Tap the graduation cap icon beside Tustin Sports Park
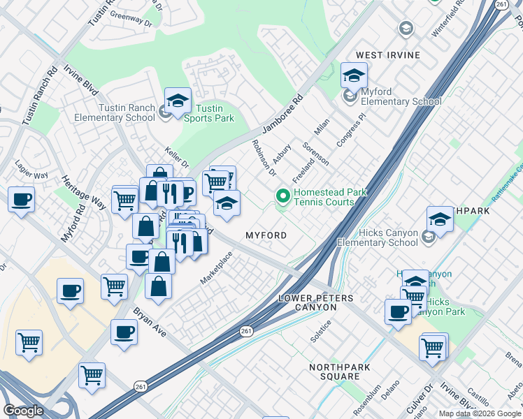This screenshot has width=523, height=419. (x=178, y=101)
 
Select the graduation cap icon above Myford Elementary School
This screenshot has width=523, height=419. (x=354, y=75)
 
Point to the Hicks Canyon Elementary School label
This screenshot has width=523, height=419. (x=378, y=237)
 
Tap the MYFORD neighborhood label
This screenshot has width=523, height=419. (x=266, y=235)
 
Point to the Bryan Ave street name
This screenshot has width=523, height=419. (x=150, y=321)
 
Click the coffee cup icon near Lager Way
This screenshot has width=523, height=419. (x=21, y=200)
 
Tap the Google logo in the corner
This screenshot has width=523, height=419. (x=24, y=411)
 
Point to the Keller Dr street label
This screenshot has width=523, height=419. (x=176, y=157)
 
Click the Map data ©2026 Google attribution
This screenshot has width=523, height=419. (x=480, y=413)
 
